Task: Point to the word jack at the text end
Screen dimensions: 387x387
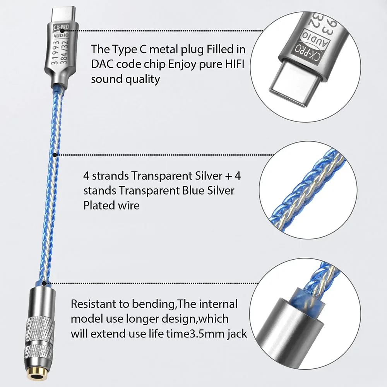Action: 235,334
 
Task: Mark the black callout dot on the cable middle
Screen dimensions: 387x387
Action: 55,155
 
